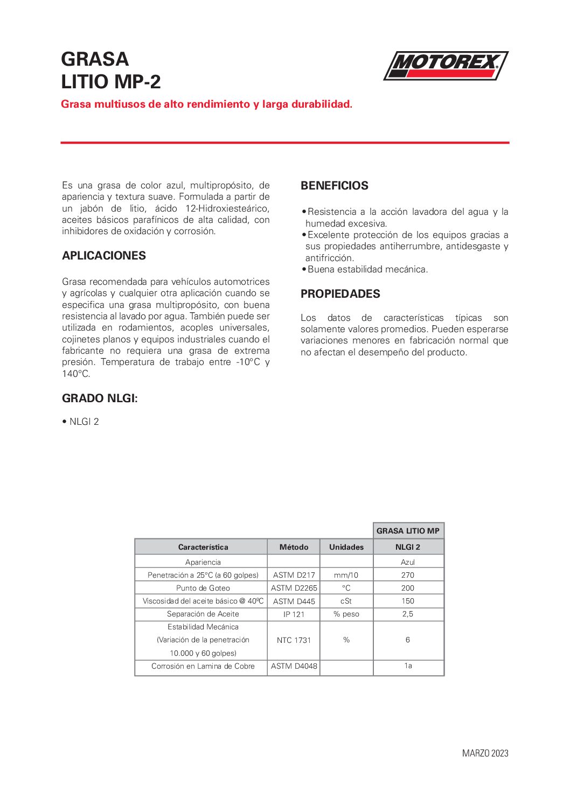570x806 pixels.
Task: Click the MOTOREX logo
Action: click(x=446, y=66)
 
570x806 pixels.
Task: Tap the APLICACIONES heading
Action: click(x=104, y=256)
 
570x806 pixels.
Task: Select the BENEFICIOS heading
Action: click(x=335, y=186)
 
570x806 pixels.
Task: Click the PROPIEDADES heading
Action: click(x=340, y=294)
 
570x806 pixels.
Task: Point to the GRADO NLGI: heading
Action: click(x=100, y=398)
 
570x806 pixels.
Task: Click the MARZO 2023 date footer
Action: click(x=485, y=753)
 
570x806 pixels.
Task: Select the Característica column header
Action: click(x=203, y=547)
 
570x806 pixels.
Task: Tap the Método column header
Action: click(x=294, y=547)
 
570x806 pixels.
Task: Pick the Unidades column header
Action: click(x=346, y=547)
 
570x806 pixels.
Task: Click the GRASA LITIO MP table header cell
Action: click(x=408, y=531)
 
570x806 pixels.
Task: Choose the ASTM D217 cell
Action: click(x=294, y=575)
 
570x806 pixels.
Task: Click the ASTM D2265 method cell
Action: click(x=294, y=588)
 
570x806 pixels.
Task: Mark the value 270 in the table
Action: click(x=408, y=575)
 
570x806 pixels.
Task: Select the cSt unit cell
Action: click(x=346, y=601)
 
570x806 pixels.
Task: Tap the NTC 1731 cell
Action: click(x=294, y=640)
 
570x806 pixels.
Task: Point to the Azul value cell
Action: click(x=408, y=562)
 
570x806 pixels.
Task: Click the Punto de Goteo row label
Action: click(x=203, y=588)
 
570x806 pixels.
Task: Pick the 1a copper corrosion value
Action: click(x=408, y=666)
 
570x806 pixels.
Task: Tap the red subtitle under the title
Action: click(x=206, y=104)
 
